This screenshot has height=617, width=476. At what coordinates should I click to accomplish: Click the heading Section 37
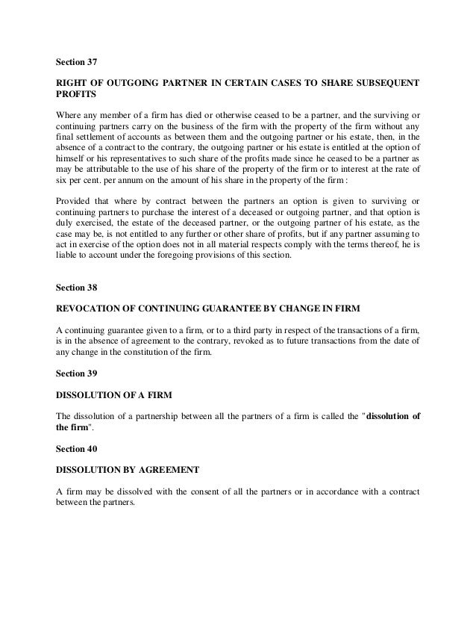[x=78, y=61]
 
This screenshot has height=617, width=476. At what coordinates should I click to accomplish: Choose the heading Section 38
[x=78, y=286]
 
